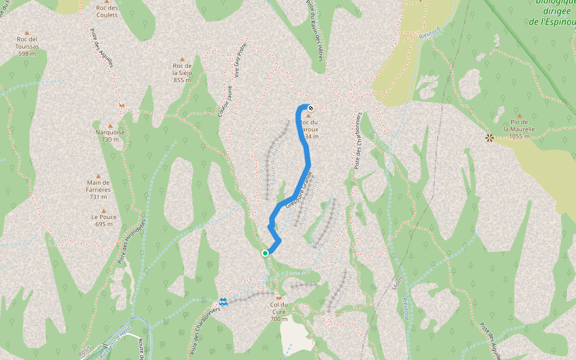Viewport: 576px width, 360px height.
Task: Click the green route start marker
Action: [265, 253]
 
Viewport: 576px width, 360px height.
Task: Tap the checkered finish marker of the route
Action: [311, 109]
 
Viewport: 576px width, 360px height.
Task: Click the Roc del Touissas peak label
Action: [28, 46]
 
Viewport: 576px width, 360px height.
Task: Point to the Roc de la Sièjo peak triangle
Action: [182, 59]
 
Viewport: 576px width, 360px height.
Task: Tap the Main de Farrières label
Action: [98, 186]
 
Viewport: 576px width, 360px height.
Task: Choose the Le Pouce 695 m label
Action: [104, 220]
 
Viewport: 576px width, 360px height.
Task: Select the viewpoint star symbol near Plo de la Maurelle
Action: [490, 138]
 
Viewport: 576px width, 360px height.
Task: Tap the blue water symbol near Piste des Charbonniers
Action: [223, 301]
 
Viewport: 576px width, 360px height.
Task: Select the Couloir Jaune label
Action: [226, 100]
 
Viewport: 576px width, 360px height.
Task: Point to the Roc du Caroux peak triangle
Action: [309, 116]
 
